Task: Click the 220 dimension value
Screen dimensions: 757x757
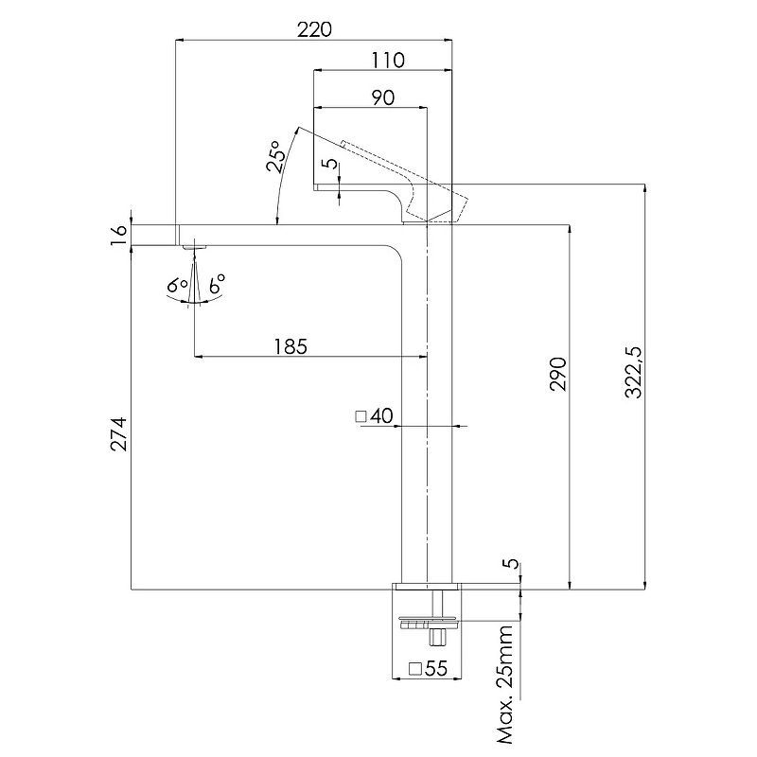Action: coord(314,29)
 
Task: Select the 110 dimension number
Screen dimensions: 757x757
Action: coord(388,61)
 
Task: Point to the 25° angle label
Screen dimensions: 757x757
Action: coord(275,161)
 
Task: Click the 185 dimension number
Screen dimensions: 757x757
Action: coord(290,346)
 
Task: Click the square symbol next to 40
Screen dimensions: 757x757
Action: coord(361,415)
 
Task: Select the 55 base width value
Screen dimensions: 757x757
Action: coord(435,668)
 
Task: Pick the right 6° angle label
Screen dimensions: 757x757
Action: coord(216,284)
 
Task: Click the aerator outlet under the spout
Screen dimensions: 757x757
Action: coord(194,249)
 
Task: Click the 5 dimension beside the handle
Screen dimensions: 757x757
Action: coord(328,162)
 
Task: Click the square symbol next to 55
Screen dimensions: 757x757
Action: coord(414,669)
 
